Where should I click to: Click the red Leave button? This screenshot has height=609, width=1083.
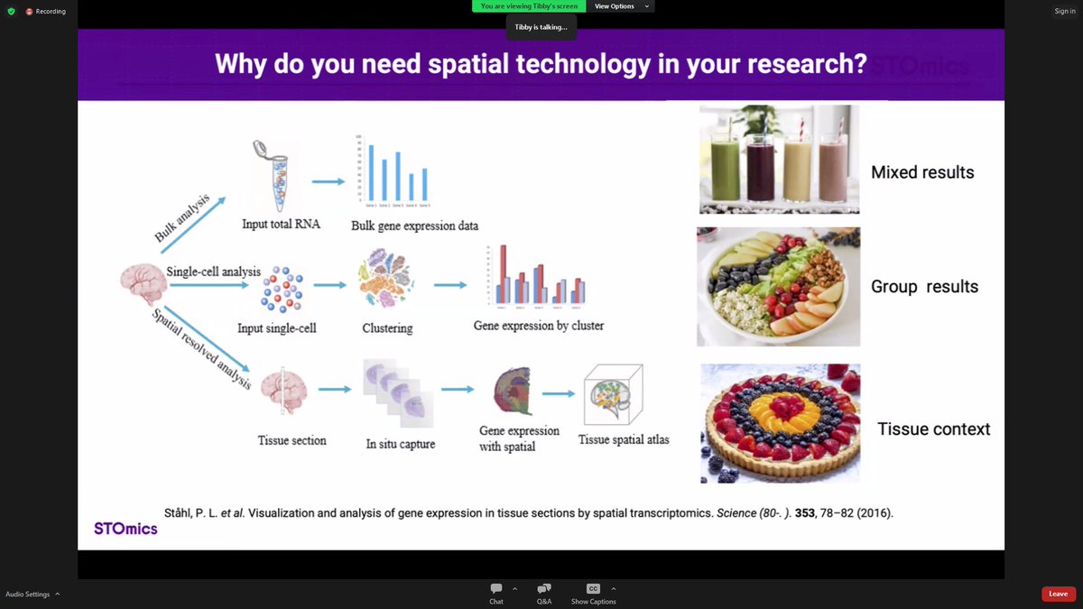coord(1058,594)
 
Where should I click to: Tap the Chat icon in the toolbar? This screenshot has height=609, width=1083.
coord(496,589)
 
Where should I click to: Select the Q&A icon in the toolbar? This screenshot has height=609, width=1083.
coord(543,589)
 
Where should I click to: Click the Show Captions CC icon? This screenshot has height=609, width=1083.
coord(593,589)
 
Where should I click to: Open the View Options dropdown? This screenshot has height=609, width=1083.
coord(620,6)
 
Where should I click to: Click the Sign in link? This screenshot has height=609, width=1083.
coord(1064,12)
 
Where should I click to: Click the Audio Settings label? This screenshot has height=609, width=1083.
coord(27,594)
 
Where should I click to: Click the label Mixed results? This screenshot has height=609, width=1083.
coord(921,172)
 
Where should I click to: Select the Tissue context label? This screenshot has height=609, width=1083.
coord(933,429)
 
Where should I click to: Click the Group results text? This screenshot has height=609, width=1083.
coord(924,287)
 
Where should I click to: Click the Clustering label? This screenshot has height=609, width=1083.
coord(387,328)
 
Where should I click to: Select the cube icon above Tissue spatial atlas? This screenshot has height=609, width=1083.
coord(611,394)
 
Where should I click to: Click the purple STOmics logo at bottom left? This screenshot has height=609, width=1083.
coord(125,528)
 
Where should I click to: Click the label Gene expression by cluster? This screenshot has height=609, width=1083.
coord(538,325)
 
